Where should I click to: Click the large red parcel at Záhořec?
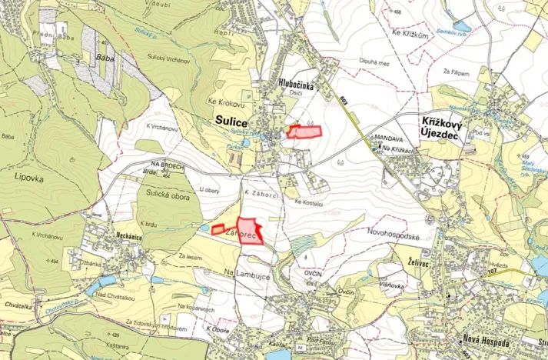251,229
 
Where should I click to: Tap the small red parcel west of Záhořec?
218,229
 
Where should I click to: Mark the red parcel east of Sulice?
304,132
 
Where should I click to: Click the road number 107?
512,272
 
